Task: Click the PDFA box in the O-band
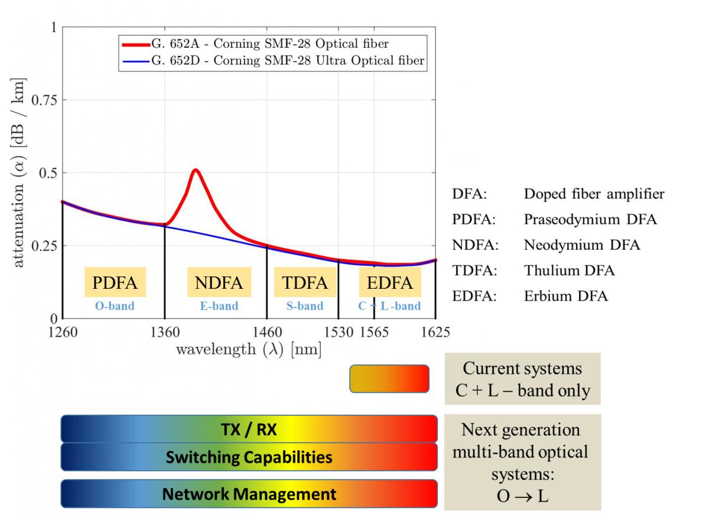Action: (115, 282)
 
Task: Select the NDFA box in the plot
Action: (219, 282)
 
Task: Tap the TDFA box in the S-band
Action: (305, 282)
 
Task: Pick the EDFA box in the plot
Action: (390, 282)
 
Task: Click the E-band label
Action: (219, 306)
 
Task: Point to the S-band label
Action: (305, 306)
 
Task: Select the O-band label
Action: (115, 306)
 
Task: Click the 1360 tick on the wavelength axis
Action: (164, 332)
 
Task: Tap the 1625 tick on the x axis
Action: (435, 332)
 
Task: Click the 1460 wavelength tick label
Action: (267, 332)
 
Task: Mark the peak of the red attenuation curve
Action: (195, 170)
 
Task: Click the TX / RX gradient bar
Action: (249, 429)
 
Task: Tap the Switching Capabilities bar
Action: (249, 457)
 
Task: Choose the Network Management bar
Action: (249, 494)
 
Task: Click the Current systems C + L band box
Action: (522, 379)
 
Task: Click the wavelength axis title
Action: (249, 350)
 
